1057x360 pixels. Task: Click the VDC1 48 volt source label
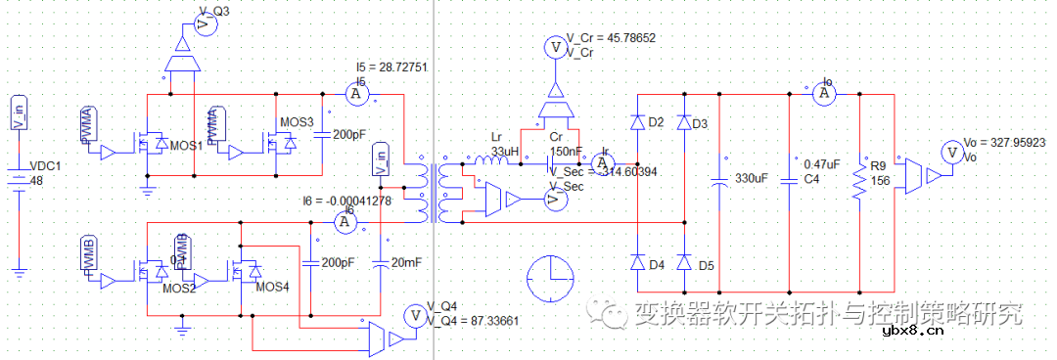(45, 172)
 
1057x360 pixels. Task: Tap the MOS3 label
(298, 122)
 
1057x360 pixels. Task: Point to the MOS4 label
(273, 288)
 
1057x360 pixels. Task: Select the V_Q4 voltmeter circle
(415, 315)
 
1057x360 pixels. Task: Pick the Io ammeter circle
(825, 93)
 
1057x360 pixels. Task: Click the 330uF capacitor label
(753, 180)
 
